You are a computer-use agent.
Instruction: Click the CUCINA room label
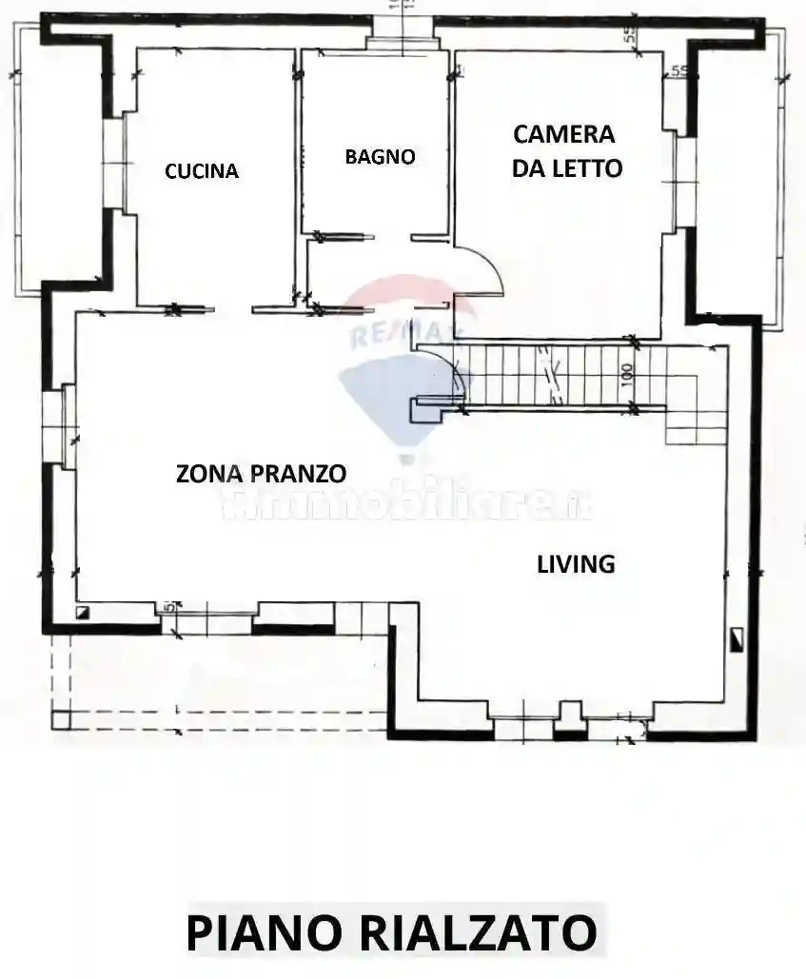pyautogui.click(x=201, y=171)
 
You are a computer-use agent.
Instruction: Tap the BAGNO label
pyautogui.click(x=380, y=157)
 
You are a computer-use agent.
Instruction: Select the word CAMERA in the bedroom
pyautogui.click(x=564, y=134)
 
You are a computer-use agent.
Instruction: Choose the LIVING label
pyautogui.click(x=576, y=563)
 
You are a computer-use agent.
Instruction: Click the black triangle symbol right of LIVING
pyautogui.click(x=737, y=639)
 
